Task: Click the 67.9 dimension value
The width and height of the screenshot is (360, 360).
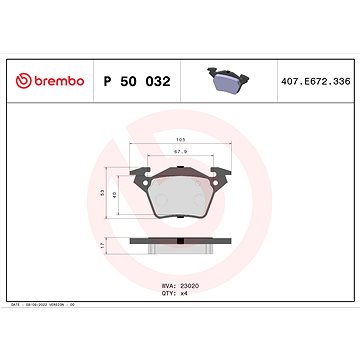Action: tap(181, 151)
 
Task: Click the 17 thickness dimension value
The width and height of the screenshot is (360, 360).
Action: tap(104, 245)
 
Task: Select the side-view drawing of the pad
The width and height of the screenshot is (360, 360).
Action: tap(182, 245)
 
